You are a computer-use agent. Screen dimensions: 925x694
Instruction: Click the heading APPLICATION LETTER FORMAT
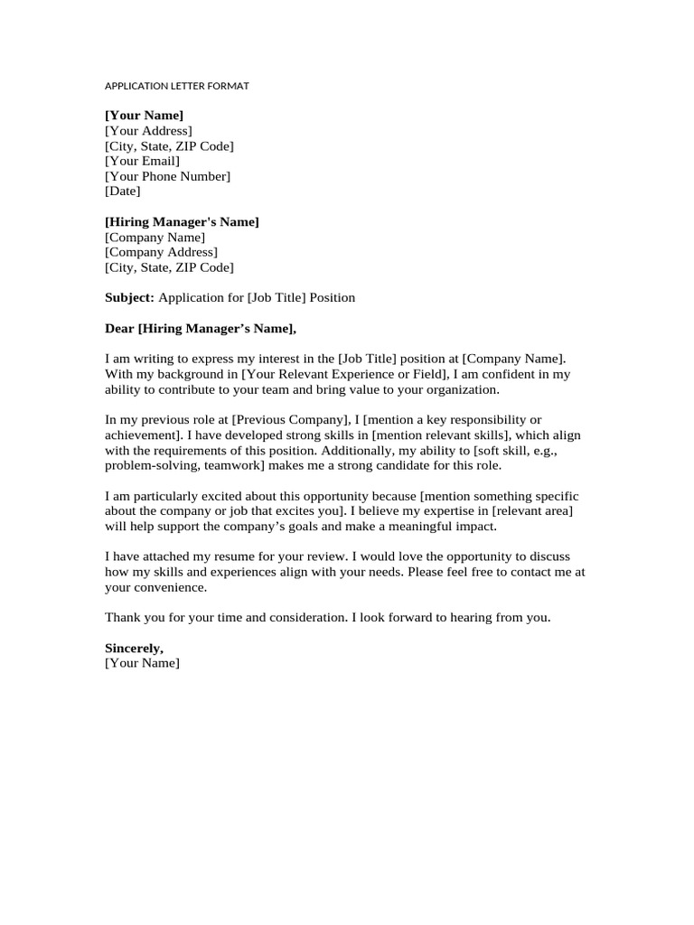176,86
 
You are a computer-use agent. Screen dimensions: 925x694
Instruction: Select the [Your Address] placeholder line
148,131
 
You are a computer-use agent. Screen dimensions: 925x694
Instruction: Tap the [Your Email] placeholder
142,161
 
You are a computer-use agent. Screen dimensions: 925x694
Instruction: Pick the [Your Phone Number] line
167,176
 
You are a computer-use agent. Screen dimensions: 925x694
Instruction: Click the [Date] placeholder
123,192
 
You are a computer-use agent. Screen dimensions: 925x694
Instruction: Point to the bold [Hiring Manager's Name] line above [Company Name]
182,222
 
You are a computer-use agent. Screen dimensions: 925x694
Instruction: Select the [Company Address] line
161,252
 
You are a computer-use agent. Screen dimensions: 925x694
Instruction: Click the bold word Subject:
130,297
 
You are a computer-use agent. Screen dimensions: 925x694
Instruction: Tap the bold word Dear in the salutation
119,328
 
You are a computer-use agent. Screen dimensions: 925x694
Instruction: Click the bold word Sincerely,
134,649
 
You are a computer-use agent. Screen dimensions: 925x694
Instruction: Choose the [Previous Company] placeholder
290,420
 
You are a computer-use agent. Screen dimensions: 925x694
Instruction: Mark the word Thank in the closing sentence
122,618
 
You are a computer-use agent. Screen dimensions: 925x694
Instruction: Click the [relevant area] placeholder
532,511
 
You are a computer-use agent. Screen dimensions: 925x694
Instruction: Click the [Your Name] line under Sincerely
142,664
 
